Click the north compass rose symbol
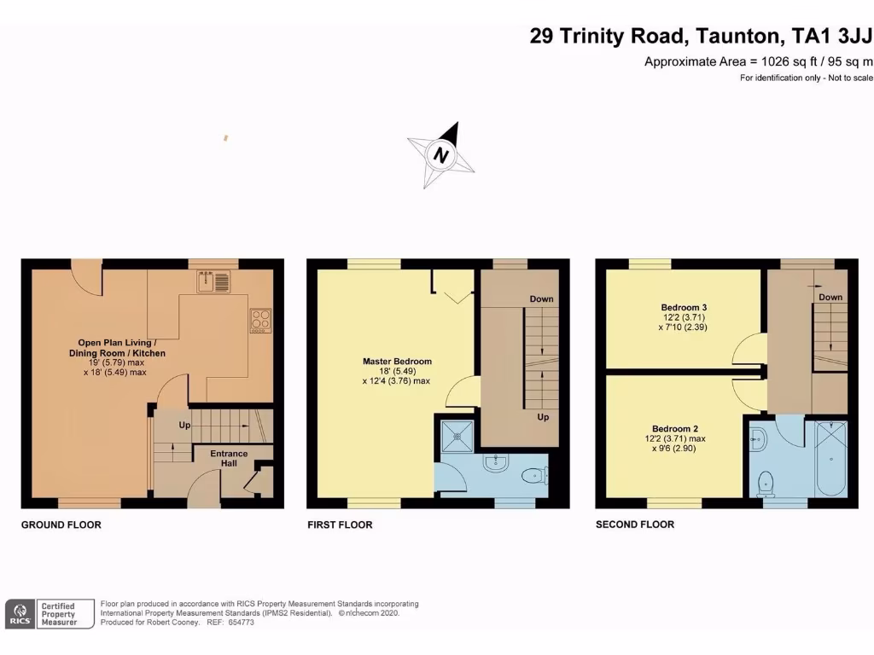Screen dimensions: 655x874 442,154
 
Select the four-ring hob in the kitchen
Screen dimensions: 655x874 260,319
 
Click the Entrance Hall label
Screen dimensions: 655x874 229,458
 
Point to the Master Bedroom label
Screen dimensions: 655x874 397,361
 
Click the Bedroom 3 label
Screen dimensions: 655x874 684,307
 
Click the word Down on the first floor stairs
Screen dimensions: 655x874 541,299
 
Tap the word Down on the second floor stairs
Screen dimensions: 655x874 830,297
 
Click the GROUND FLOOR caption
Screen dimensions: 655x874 61,525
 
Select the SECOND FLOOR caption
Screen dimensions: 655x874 634,525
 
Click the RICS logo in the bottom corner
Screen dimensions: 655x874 20,614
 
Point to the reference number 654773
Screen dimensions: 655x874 242,623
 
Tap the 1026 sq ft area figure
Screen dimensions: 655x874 782,61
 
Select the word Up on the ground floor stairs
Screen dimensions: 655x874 184,424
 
